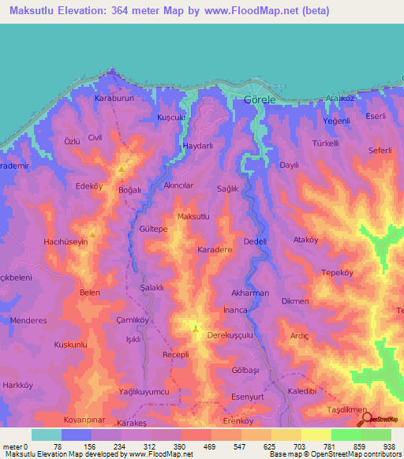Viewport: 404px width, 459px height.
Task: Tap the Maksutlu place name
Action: pos(194,216)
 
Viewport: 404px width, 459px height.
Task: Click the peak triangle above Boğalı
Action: pos(122,169)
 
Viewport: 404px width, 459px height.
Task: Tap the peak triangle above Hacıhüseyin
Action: pos(92,233)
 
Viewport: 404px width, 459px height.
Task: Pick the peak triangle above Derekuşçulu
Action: pos(196,326)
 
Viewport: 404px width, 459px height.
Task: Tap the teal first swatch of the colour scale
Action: pos(47,435)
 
